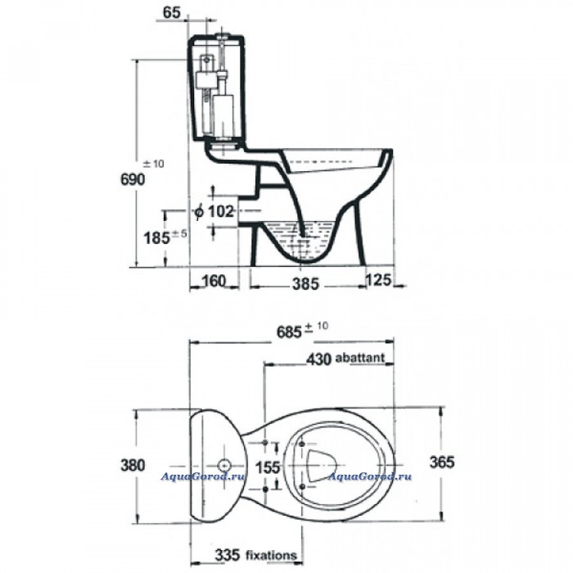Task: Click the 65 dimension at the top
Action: [172, 12]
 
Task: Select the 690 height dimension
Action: [133, 179]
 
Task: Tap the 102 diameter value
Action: [220, 211]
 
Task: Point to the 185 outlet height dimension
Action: [157, 238]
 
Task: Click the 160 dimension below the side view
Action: [214, 281]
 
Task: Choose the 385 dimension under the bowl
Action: [305, 284]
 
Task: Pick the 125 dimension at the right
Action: [378, 280]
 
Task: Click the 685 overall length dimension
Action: [289, 332]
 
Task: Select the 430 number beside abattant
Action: [318, 359]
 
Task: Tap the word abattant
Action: [360, 358]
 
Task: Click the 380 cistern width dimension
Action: [133, 466]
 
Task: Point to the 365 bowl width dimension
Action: [442, 462]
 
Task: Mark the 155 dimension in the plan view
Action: [268, 467]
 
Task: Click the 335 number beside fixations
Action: [228, 555]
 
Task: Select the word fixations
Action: [271, 556]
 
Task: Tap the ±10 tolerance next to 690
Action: [153, 164]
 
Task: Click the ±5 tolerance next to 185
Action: [179, 233]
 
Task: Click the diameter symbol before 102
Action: [198, 211]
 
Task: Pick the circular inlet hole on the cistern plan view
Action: [223, 466]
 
